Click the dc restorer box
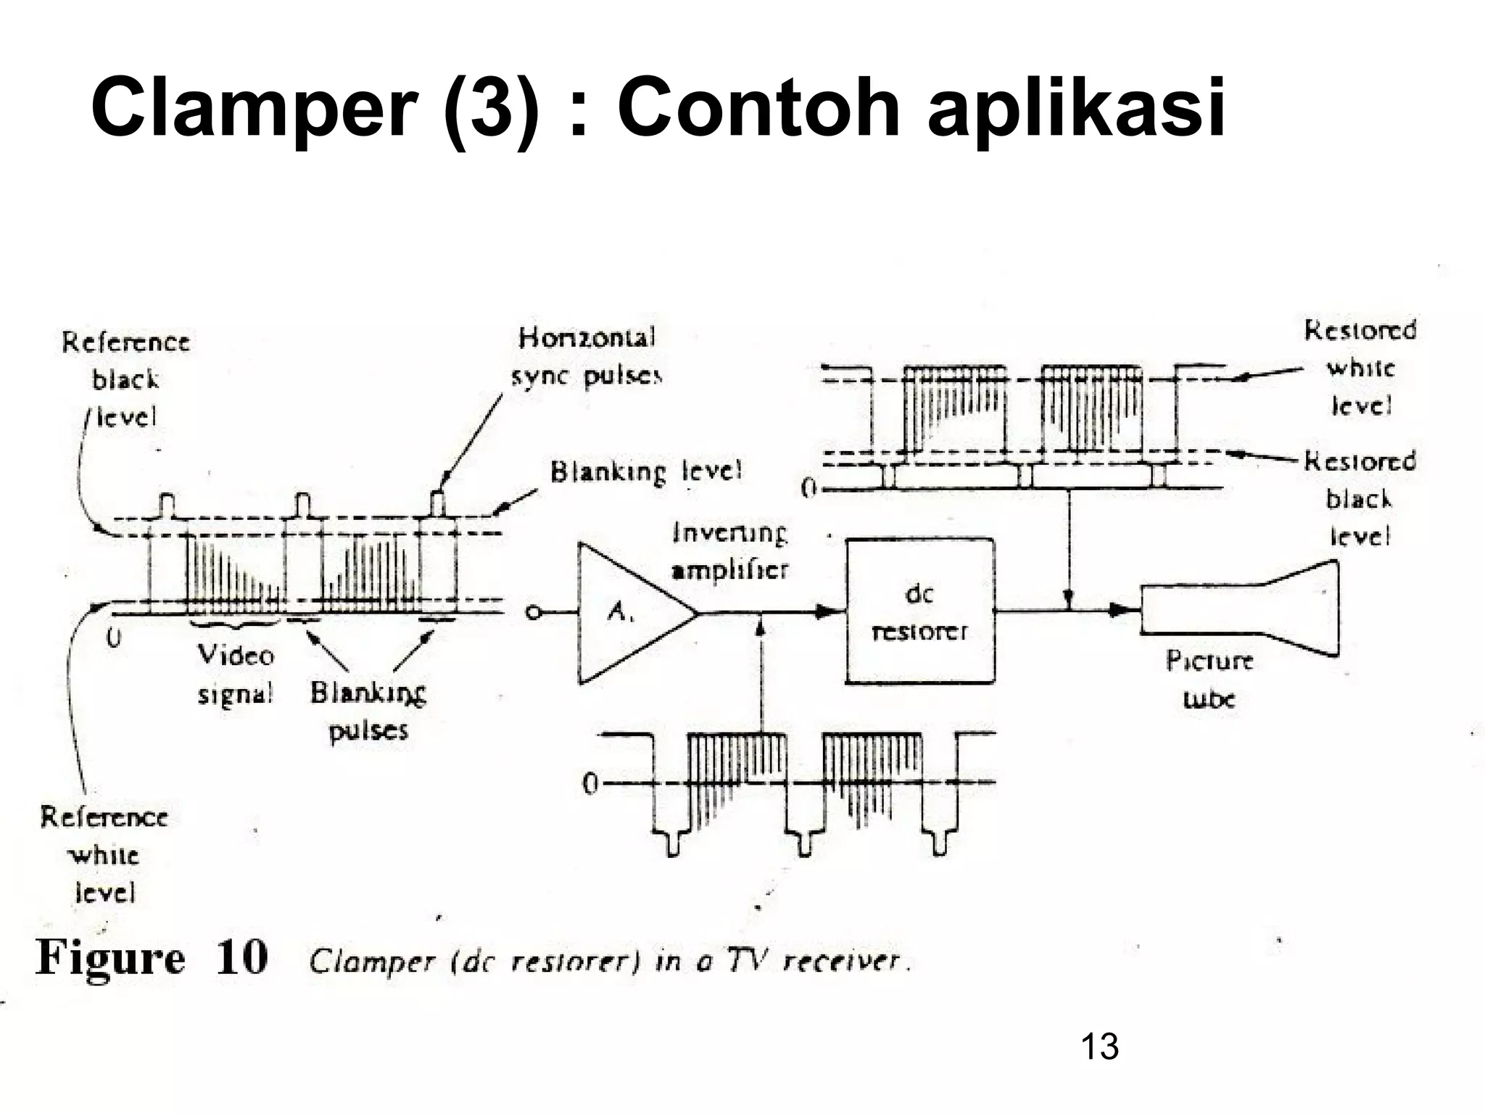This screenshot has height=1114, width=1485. coord(920,611)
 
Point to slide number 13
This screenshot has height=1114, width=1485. coord(1099,1047)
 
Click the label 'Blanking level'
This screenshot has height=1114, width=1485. coord(646,472)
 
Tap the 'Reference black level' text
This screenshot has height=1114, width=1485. coord(125,379)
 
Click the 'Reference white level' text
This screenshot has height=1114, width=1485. coord(104,854)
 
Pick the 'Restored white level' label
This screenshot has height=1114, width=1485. coord(1360,368)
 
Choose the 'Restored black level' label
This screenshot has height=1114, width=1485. coord(1360,499)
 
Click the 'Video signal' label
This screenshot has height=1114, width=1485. coord(236,675)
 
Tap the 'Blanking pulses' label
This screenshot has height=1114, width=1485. coord(368,711)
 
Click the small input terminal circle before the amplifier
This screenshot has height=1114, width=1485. coord(533,614)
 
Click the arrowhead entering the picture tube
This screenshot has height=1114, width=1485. coord(1120,611)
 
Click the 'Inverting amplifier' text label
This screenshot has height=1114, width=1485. coord(729,552)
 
